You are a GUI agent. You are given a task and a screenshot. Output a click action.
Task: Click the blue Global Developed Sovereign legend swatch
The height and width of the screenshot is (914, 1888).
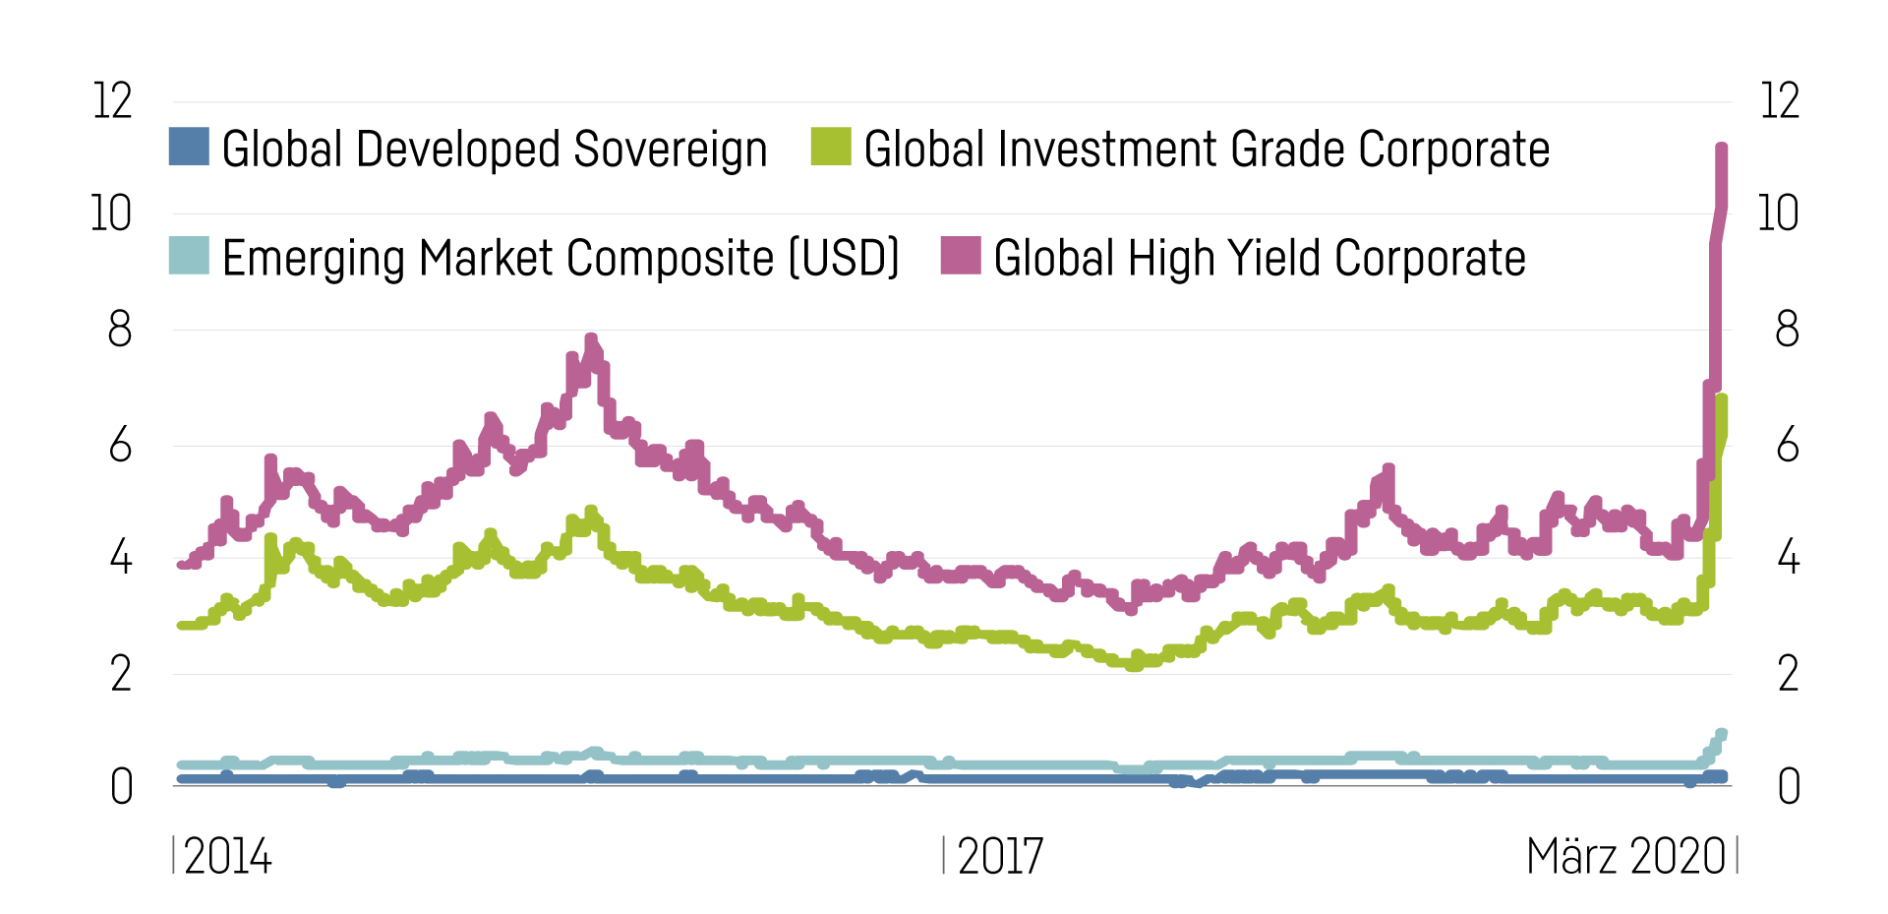point(189,147)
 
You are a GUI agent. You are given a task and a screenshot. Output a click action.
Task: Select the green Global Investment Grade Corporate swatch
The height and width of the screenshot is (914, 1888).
point(831,147)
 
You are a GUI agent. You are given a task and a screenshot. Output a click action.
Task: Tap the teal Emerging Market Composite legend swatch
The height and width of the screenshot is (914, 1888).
point(189,256)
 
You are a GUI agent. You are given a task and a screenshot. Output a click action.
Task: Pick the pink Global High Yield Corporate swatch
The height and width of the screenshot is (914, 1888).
point(961,256)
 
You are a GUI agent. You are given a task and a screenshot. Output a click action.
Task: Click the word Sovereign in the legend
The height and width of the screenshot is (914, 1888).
point(670,151)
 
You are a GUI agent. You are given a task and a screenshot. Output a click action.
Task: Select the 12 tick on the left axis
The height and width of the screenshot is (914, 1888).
point(112,101)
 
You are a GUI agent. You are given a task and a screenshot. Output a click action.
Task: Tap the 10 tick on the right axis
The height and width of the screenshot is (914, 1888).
point(1778,214)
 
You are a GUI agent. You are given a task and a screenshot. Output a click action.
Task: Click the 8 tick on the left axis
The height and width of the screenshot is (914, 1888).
point(119,330)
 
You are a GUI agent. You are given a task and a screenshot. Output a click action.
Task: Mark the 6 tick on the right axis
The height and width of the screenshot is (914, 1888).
point(1788,446)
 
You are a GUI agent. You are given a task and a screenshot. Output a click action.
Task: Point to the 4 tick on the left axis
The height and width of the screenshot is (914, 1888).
point(120,559)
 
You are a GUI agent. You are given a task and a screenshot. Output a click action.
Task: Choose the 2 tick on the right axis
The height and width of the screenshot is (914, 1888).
point(1788,675)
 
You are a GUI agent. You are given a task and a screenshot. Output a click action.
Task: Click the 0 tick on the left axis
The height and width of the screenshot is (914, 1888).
point(121,787)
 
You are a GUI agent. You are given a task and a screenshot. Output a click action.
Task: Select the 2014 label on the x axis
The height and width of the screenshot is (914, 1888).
point(227,857)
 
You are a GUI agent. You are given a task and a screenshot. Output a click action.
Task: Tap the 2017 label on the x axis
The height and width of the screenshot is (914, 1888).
point(1000,857)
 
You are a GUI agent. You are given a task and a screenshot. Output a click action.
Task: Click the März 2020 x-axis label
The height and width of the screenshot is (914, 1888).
point(1625,857)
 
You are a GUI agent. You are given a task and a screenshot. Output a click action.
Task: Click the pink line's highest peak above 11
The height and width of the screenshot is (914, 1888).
point(1722,148)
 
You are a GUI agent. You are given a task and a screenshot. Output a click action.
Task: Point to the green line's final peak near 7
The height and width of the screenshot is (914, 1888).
point(1722,398)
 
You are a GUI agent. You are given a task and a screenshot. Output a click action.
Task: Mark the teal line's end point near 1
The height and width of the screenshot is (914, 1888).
point(1722,734)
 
